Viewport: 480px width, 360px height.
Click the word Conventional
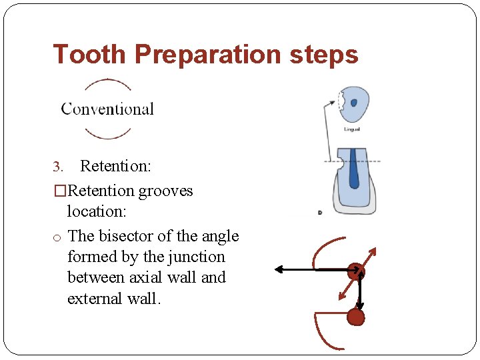[x=107, y=109]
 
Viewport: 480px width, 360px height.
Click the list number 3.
[x=57, y=166]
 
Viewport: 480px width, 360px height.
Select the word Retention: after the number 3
[x=115, y=165]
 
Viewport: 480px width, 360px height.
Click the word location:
[x=97, y=211]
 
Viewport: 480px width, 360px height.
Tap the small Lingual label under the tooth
[x=352, y=129]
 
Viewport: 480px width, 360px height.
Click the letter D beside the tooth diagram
[x=321, y=213]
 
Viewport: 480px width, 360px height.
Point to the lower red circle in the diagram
[x=356, y=317]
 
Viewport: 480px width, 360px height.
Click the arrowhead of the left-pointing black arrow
[x=279, y=269]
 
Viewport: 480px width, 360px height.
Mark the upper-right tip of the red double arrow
[x=374, y=251]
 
